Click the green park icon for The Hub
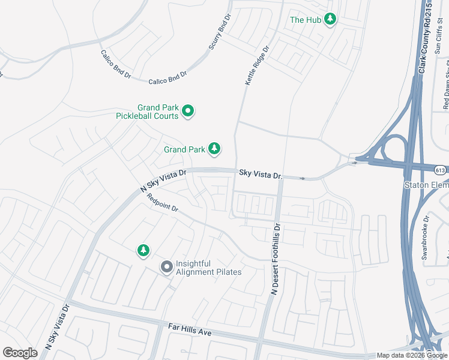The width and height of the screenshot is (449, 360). point(330,20)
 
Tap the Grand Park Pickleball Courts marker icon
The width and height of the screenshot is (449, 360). point(188,111)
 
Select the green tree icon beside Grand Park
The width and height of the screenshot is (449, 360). point(214,148)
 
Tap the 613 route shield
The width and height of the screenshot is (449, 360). point(441,170)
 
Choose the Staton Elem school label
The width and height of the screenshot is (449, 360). point(427,185)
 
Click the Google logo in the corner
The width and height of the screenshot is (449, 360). point(20,353)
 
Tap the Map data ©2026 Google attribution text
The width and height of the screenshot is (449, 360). point(412,356)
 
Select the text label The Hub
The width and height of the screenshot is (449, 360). point(306,20)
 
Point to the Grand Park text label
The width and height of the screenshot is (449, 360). point(184,149)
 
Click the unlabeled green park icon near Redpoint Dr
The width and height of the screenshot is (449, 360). point(143,250)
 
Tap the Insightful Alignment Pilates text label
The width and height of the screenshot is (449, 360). point(208,268)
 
